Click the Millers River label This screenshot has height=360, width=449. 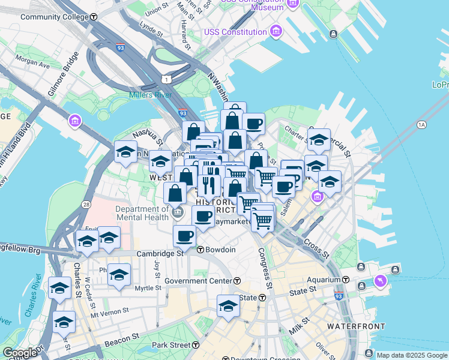point(150,95)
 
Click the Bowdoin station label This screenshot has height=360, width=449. point(219,250)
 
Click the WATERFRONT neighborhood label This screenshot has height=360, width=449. point(356,326)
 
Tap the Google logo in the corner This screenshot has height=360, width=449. point(20,353)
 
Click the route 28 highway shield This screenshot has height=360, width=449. point(87,205)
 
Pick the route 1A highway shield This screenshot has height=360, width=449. point(421,125)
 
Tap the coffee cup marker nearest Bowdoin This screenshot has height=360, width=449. point(184,236)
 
